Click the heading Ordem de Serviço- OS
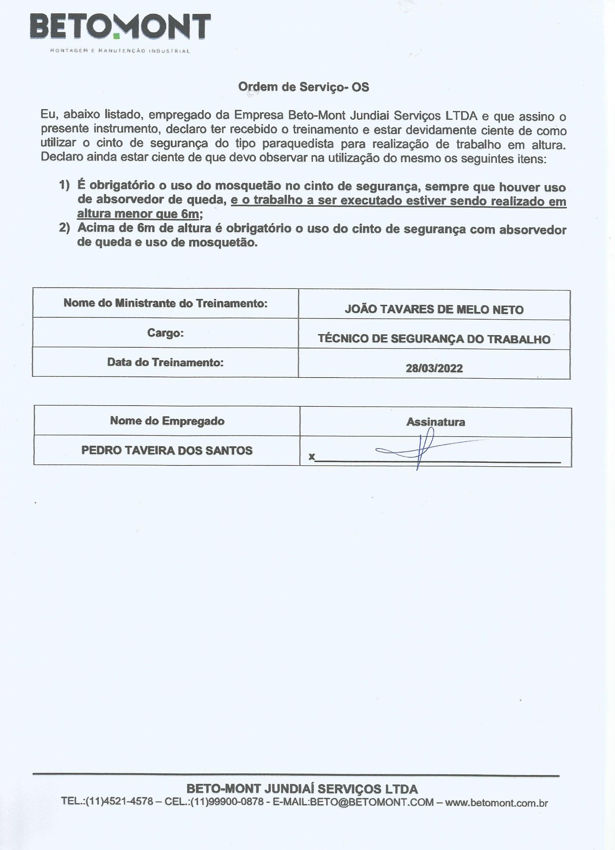[304, 87]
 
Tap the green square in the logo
[116, 36]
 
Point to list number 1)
[65, 185]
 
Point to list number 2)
[65, 228]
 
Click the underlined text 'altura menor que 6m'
[138, 214]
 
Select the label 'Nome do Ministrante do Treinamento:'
[165, 303]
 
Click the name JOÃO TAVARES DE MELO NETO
[434, 310]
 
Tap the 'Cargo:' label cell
[165, 333]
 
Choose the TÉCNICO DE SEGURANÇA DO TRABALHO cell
[434, 339]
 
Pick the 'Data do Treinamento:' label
[165, 362]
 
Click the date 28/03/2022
[434, 368]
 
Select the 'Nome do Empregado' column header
[167, 421]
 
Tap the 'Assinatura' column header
[435, 422]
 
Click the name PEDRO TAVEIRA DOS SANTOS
[167, 451]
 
